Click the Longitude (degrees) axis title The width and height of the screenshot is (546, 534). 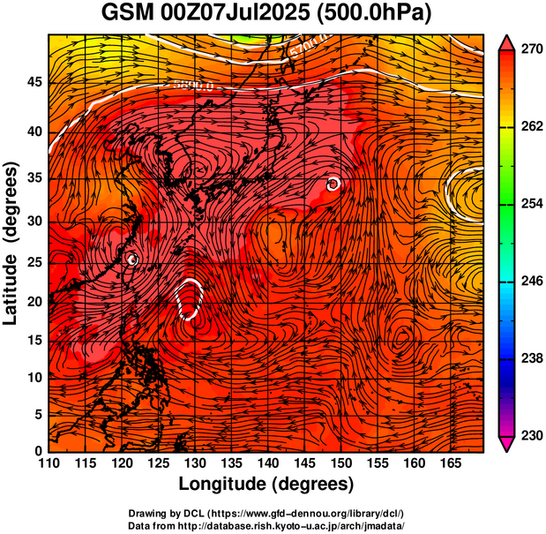click(266, 485)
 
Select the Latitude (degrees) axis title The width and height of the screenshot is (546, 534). click(12, 242)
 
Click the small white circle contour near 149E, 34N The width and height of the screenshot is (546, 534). click(333, 184)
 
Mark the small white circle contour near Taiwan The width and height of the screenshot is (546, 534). click(132, 259)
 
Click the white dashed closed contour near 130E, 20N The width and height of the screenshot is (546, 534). click(190, 299)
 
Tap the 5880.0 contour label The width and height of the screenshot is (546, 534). click(194, 86)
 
